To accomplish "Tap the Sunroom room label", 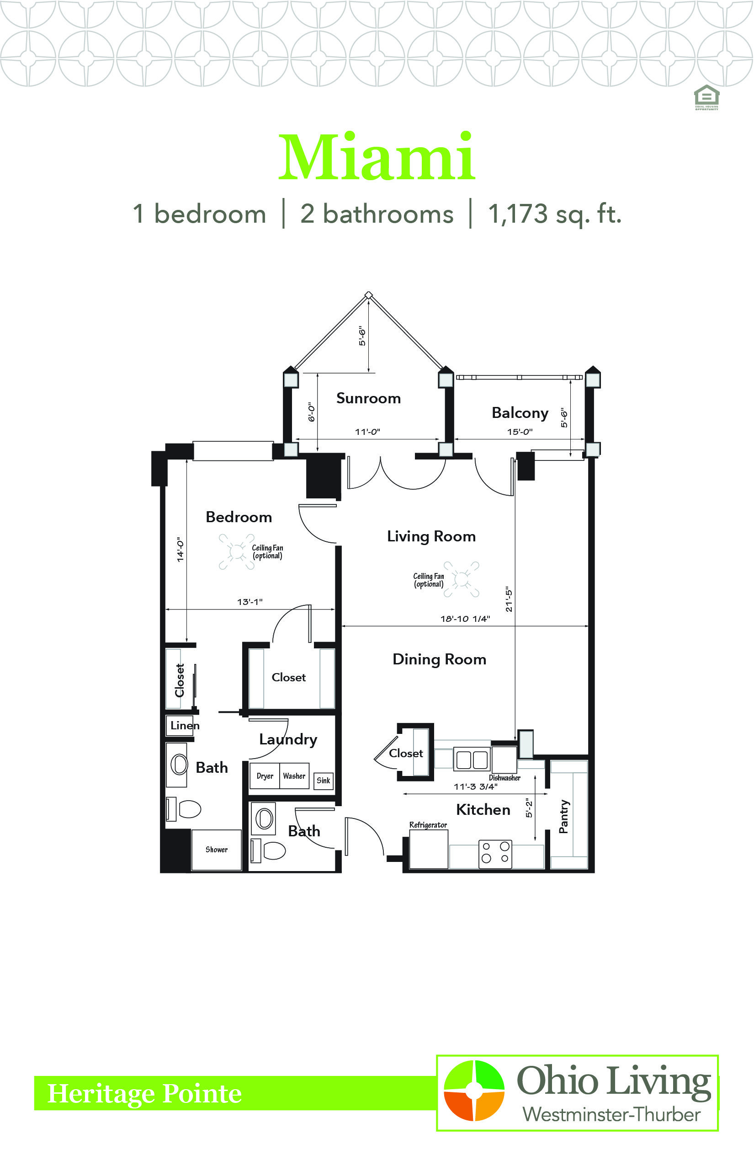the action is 368,398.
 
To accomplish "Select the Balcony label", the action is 520,413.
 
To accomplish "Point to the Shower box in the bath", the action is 217,850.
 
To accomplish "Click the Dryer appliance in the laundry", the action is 265,776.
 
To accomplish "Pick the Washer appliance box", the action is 294,776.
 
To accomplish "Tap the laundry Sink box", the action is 323,781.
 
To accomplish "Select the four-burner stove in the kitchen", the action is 495,855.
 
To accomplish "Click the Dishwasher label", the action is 504,778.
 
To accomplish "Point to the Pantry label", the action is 564,817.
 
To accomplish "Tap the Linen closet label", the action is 185,726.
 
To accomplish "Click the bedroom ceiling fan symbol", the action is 237,551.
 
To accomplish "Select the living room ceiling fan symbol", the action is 461,579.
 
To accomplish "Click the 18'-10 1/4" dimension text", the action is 465,619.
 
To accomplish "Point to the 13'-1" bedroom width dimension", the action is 250,602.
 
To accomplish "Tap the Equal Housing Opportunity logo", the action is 706,97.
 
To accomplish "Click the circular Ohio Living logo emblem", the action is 474,1091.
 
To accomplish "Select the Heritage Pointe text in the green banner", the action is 144,1093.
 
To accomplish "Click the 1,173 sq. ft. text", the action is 555,214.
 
